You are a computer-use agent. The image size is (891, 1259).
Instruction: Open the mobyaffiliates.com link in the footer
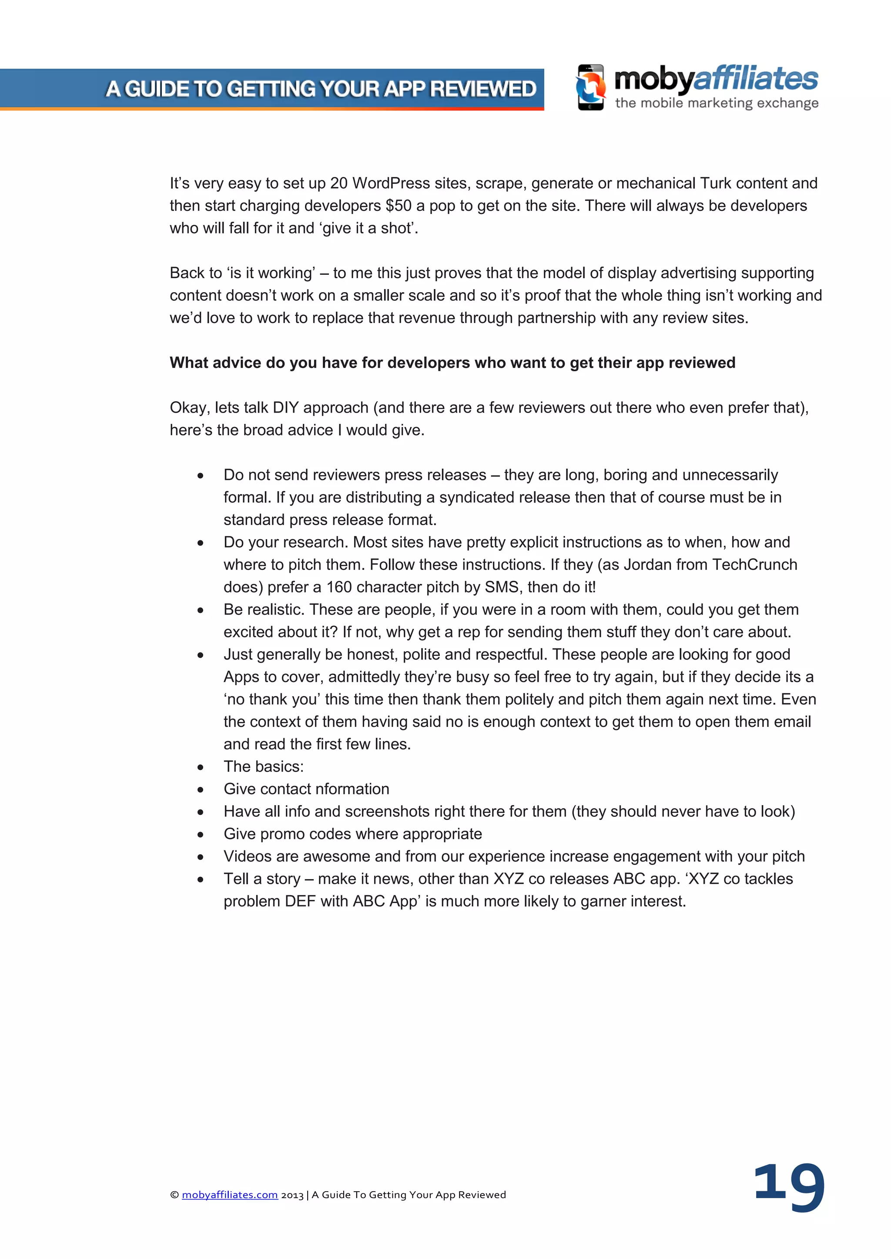click(230, 1195)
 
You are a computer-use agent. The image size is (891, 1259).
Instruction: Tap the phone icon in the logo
click(591, 87)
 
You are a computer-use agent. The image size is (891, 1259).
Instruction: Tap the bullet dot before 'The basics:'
click(201, 767)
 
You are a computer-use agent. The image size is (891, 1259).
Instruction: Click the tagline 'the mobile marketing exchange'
click(717, 103)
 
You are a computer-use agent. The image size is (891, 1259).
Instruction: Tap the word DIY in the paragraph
click(285, 407)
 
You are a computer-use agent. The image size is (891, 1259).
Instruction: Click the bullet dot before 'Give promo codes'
click(201, 835)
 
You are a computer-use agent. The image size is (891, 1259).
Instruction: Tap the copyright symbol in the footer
click(174, 1195)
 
